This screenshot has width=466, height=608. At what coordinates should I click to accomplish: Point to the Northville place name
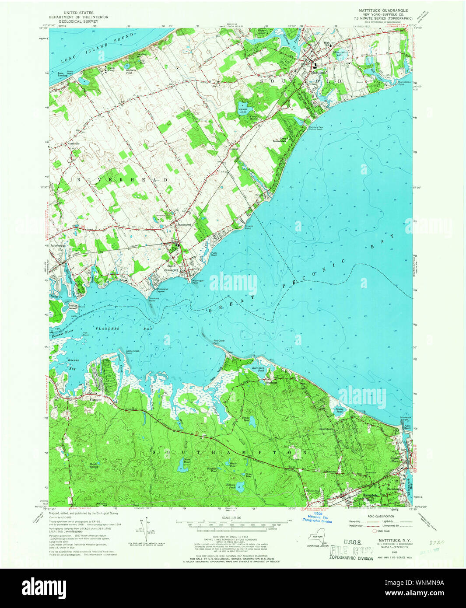coord(74,143)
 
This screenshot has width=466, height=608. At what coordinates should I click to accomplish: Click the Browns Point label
coord(248,227)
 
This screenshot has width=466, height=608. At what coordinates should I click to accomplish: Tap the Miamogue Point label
coord(196,281)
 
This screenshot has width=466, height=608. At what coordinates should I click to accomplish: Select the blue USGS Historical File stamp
coord(317,517)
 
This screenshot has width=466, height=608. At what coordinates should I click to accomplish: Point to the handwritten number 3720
coord(437,542)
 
